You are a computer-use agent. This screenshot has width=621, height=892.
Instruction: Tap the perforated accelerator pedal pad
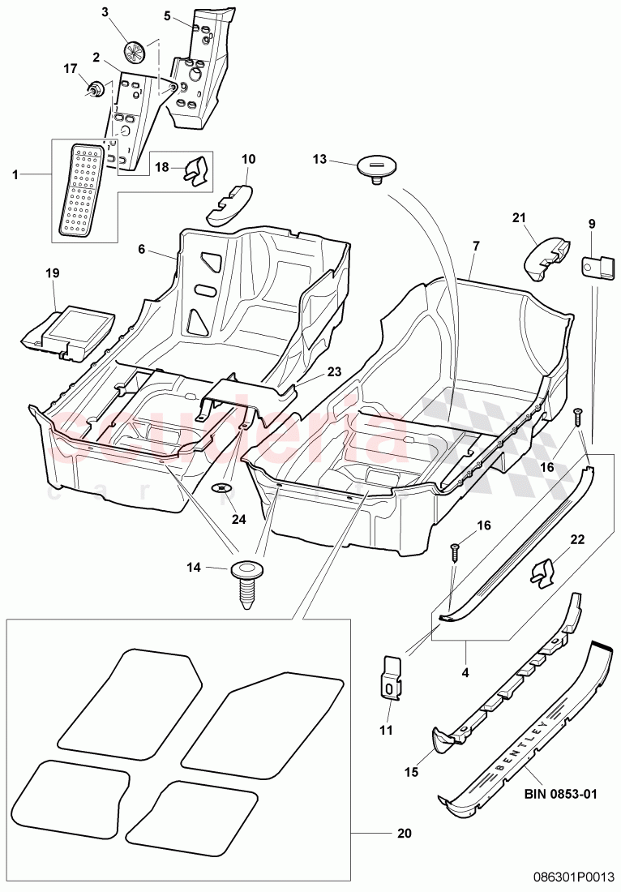pos(82,191)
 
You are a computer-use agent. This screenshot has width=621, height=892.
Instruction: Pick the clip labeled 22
pos(544,573)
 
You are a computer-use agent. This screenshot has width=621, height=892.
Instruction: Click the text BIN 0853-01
pos(557,793)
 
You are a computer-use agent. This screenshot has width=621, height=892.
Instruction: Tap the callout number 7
pos(476,245)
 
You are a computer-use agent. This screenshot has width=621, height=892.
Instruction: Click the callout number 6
pos(142,251)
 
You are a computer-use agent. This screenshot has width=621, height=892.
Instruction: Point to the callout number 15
pos(411,773)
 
